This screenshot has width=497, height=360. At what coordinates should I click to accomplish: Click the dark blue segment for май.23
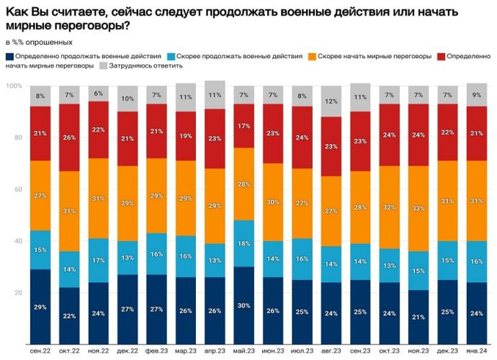(x=244, y=306)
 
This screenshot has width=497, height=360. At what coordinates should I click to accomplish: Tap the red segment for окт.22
(x=70, y=138)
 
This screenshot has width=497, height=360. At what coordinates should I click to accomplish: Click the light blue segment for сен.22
(x=40, y=251)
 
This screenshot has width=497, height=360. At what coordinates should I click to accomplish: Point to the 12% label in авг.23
(x=331, y=102)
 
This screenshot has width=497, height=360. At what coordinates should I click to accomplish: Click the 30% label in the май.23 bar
(x=244, y=306)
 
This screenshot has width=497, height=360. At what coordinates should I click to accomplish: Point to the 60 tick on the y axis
(x=17, y=190)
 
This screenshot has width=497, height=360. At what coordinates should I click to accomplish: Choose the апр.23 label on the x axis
(x=215, y=351)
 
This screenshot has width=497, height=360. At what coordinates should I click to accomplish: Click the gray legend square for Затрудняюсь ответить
(x=103, y=66)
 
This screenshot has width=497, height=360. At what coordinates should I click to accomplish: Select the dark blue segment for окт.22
(x=70, y=315)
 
